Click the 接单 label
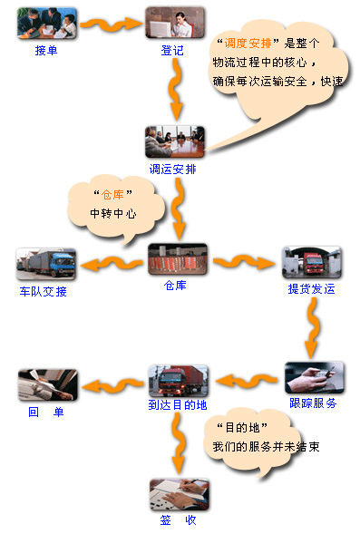46,51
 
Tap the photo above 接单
46,23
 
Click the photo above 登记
175,23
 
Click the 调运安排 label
172,169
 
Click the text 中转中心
112,214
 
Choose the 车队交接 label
44,292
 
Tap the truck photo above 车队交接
46,263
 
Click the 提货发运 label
311,291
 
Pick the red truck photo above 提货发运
311,262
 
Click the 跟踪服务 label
313,403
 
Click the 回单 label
46,413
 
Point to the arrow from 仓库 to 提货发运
244,263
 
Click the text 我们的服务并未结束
266,447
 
